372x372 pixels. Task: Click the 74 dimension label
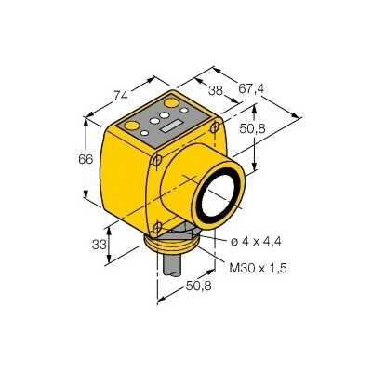click(x=120, y=96)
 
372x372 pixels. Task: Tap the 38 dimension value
click(x=216, y=90)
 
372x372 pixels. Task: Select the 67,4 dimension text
click(x=251, y=89)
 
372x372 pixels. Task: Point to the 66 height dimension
click(x=86, y=159)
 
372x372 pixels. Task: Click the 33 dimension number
click(x=100, y=245)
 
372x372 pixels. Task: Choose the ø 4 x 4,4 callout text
click(x=256, y=241)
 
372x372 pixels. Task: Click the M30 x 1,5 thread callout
click(x=258, y=268)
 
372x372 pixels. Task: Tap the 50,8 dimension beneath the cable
click(x=199, y=286)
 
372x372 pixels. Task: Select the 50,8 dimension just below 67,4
click(x=253, y=128)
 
